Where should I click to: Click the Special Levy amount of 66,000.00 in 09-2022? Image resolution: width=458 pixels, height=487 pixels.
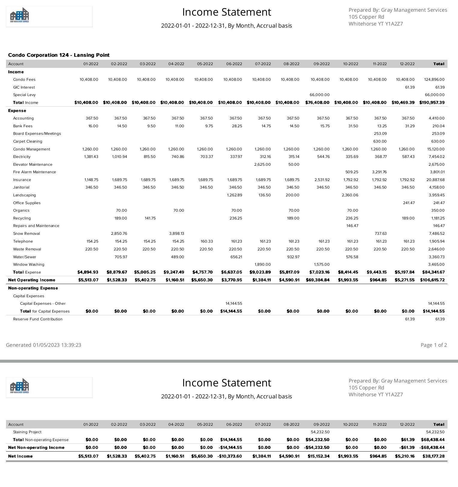point(319,95)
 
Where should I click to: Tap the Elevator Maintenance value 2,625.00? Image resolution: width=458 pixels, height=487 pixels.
point(262,165)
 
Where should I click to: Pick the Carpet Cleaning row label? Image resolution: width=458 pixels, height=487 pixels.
point(28,141)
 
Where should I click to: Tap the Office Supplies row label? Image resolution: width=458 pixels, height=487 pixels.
point(27,203)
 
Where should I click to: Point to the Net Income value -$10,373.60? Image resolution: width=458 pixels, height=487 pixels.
point(230,456)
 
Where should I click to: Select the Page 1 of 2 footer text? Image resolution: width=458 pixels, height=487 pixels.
point(434,345)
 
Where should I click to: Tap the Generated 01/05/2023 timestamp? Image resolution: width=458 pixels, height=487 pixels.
point(44,345)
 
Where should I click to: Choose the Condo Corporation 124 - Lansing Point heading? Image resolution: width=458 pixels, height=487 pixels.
point(59,55)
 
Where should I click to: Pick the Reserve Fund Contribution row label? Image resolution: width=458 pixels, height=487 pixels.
point(38,319)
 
